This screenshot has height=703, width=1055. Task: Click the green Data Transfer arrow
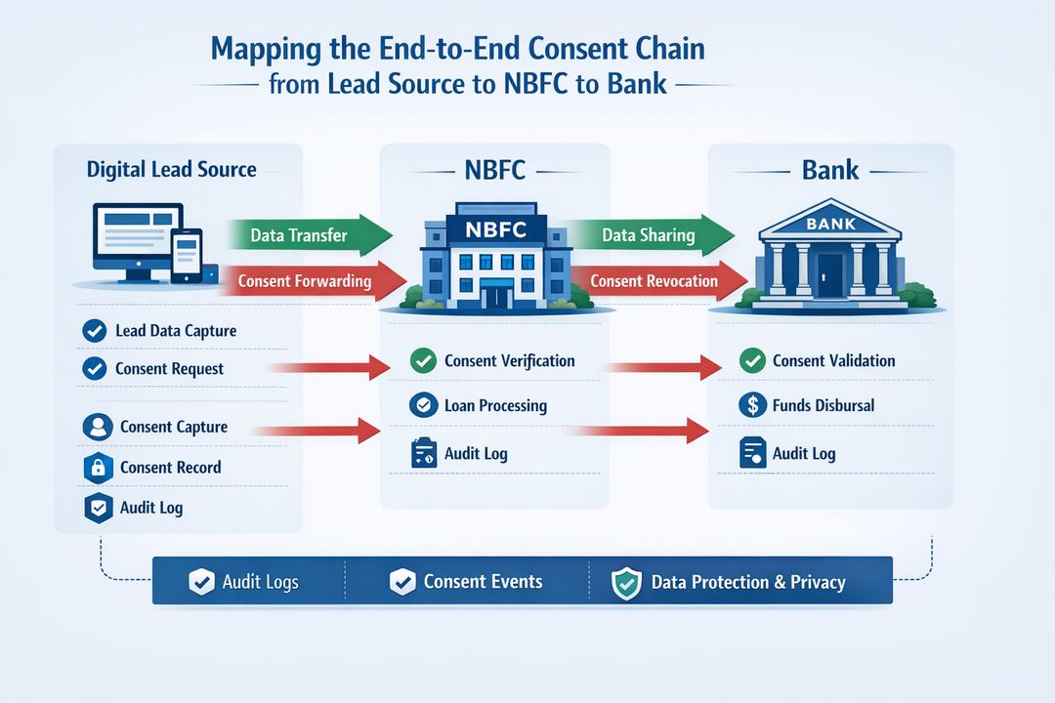tap(309, 235)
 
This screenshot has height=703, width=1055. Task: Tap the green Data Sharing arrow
tap(650, 235)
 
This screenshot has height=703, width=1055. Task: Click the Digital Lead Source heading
tap(172, 169)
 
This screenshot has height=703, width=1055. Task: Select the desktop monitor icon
tap(137, 237)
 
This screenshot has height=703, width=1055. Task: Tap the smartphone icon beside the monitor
tap(186, 256)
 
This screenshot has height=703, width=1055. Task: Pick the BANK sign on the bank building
tap(830, 224)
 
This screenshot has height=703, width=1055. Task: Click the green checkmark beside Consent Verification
tap(423, 361)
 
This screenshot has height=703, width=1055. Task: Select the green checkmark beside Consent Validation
tap(752, 361)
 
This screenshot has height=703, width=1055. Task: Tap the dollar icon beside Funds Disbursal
tap(752, 405)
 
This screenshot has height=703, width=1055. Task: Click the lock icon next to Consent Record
tap(98, 468)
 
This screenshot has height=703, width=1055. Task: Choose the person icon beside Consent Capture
tap(98, 427)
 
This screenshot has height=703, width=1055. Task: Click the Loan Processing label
tap(495, 405)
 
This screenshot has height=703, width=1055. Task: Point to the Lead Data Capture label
tap(176, 331)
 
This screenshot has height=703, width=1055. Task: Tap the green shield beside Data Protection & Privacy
tap(625, 583)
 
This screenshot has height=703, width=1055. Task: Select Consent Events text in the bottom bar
tap(483, 582)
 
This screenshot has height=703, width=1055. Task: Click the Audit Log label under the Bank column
tap(804, 453)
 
